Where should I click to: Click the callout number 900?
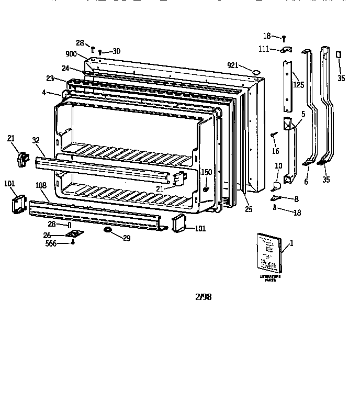click(71, 54)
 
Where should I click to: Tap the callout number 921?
click(233, 65)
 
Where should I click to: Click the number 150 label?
click(207, 172)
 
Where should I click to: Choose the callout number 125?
click(298, 84)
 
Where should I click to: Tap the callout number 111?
click(264, 49)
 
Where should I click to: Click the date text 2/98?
click(203, 296)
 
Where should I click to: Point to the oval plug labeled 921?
click(256, 71)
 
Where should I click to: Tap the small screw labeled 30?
click(99, 52)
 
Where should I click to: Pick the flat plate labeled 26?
click(74, 234)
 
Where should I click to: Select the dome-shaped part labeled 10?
click(277, 183)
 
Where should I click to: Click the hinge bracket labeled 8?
click(276, 198)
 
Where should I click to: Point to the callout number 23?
click(50, 79)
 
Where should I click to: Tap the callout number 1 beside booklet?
click(291, 243)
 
